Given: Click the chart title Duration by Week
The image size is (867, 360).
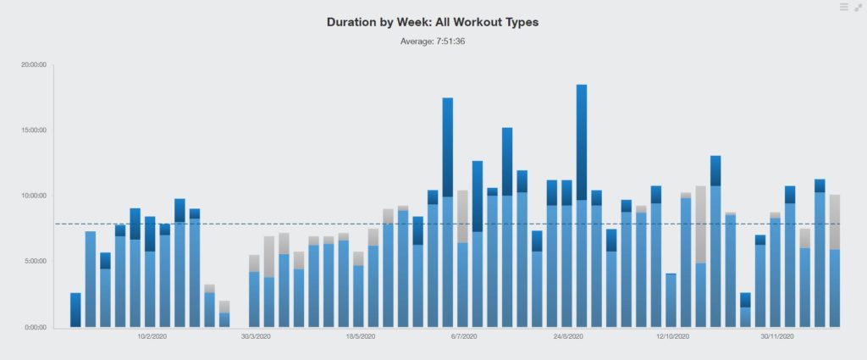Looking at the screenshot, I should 433,22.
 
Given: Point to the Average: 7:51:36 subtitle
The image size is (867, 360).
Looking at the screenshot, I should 433,41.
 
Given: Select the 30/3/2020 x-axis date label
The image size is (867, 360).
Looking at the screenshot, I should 256,337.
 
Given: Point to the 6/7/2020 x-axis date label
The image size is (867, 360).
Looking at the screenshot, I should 464,337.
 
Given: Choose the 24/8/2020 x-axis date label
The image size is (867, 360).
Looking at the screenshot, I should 568,337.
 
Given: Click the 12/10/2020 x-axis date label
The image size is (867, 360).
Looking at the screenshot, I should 672,337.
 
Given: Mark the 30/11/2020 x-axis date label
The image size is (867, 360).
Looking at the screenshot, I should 776,337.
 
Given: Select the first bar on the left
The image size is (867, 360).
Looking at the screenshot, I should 75,310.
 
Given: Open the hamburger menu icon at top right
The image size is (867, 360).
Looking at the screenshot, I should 844,8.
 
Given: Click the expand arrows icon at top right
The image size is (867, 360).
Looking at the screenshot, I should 859,8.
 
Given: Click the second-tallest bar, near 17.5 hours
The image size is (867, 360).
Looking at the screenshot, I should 448,213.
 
